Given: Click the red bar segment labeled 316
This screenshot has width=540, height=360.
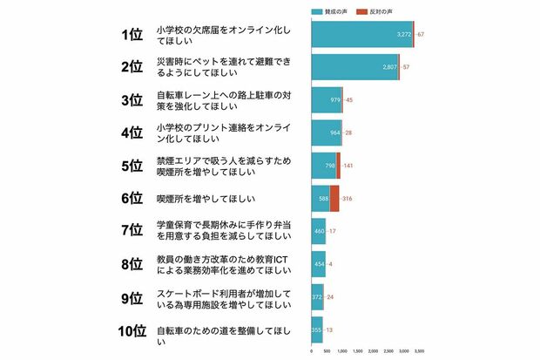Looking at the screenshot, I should point(334,198).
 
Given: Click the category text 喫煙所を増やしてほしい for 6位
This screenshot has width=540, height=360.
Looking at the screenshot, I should point(202,199).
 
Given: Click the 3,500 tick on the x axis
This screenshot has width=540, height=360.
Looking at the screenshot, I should point(419,351).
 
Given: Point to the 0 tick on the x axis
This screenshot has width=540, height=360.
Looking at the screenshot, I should point(312,351).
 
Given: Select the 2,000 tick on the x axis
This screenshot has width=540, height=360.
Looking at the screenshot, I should point(373,351).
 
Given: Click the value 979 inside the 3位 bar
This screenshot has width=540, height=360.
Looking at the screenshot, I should point(334,100).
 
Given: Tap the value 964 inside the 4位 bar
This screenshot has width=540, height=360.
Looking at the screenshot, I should point(334,132).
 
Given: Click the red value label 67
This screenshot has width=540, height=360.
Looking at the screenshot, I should point(421,34).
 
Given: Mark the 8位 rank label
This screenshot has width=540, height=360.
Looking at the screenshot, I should point(132,264).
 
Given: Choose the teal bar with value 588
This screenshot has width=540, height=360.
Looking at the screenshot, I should point(321,198).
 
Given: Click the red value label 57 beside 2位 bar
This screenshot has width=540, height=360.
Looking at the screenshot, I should point(405,67).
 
